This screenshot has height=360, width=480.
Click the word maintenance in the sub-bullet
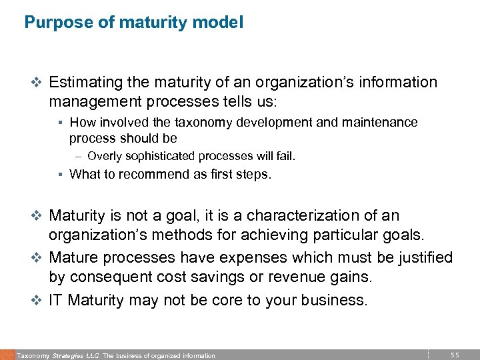pyautogui.click(x=385, y=123)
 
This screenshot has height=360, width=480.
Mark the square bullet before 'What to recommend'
pyautogui.click(x=60, y=175)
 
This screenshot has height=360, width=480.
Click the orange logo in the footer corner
pyautogui.click(x=7, y=355)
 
